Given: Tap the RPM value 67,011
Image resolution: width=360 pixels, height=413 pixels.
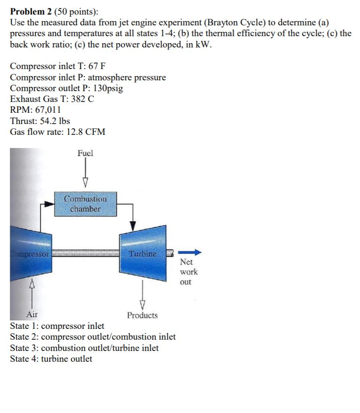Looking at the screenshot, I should pyautogui.click(x=46, y=110).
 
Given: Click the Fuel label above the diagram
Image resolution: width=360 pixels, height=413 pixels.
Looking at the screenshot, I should pyautogui.click(x=86, y=153).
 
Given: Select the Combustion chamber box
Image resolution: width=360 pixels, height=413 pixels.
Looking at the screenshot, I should pyautogui.click(x=85, y=204).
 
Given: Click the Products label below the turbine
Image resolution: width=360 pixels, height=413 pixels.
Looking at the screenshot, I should pyautogui.click(x=142, y=315).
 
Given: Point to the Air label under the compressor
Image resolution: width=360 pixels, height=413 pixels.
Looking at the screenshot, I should pyautogui.click(x=32, y=315).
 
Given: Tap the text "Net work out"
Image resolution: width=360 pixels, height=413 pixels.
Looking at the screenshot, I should pyautogui.click(x=188, y=272).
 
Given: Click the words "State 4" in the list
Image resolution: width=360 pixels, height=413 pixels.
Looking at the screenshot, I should pyautogui.click(x=23, y=359).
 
